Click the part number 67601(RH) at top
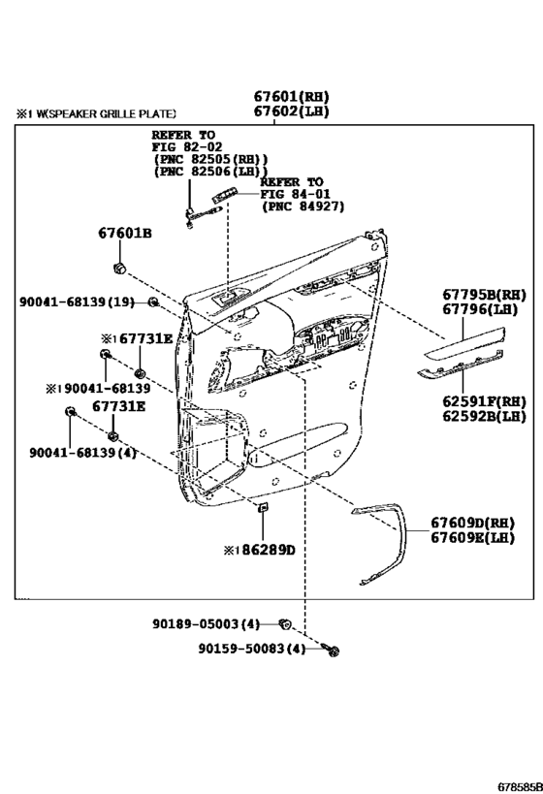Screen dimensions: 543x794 291,96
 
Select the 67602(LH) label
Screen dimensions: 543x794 291,111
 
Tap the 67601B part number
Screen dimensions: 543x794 125,234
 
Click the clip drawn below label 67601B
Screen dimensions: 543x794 119,269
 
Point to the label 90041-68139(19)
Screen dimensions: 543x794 77,302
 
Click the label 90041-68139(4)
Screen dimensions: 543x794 83,452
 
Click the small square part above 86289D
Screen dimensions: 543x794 263,507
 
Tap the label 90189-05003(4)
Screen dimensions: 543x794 206,624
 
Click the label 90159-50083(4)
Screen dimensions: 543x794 252,649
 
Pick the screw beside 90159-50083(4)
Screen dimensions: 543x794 332,650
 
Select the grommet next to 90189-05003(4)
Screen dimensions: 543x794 285,624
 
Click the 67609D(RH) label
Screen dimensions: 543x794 472,523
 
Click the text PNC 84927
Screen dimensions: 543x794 303,206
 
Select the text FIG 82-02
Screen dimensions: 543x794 187,146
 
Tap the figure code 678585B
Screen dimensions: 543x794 520,786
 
